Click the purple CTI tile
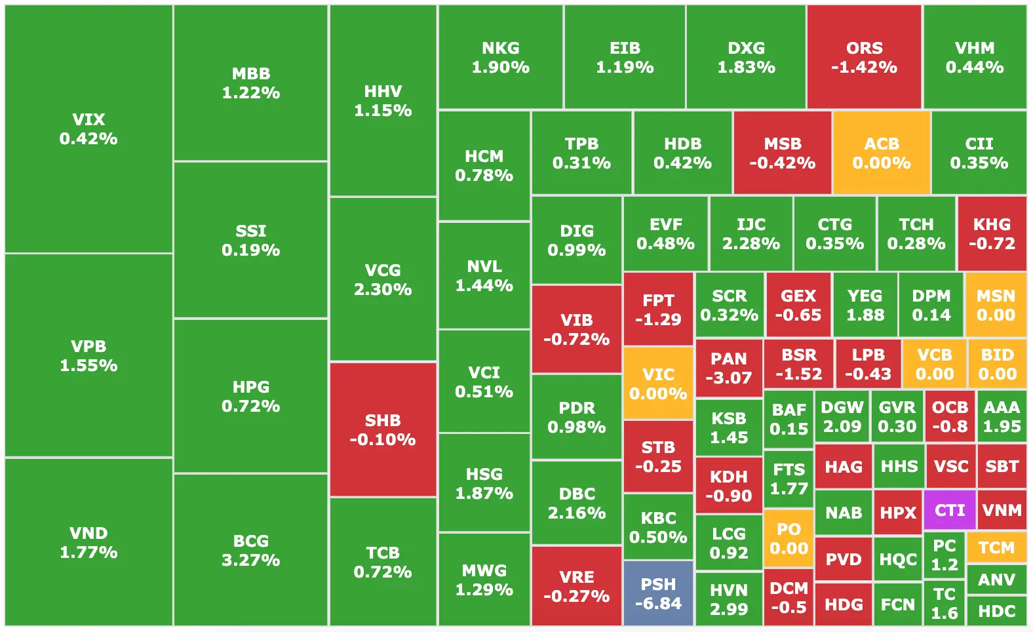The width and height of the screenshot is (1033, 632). click(x=950, y=510)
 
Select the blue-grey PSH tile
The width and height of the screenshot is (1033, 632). click(x=658, y=593)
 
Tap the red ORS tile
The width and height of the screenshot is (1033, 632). click(x=864, y=57)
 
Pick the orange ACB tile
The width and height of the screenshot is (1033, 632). click(x=882, y=153)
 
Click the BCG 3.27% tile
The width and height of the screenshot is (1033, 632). click(x=250, y=550)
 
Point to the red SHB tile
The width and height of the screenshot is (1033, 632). click(x=383, y=429)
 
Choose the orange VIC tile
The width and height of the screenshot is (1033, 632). click(x=658, y=384)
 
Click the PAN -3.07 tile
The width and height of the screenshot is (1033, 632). click(x=729, y=368)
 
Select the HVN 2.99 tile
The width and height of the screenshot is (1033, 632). click(x=729, y=599)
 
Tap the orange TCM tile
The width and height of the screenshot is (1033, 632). click(x=996, y=547)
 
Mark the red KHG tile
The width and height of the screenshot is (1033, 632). click(x=992, y=233)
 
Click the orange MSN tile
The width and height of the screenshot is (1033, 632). click(x=996, y=305)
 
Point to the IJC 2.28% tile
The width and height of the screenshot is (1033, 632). click(x=751, y=233)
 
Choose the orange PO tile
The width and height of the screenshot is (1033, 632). click(x=789, y=538)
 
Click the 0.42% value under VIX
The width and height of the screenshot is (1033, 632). click(x=88, y=139)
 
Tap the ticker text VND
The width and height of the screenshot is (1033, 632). click(x=88, y=533)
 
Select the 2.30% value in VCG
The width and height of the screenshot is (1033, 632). click(x=383, y=290)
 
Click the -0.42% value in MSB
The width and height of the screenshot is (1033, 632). click(x=783, y=163)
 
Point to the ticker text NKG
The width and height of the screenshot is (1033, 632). click(x=501, y=48)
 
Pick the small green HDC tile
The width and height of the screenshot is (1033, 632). click(x=996, y=611)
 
